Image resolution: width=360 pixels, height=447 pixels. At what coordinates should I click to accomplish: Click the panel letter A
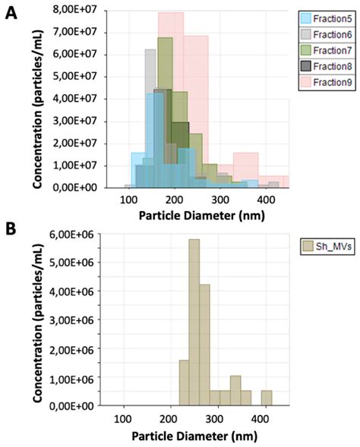(x=11, y=13)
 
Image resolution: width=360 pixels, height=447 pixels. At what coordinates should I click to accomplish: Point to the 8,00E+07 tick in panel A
(x=77, y=9)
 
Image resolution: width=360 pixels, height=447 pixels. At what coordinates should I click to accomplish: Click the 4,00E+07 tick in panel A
(x=77, y=98)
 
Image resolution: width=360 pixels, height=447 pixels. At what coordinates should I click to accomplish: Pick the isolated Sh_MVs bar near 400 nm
(x=267, y=398)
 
